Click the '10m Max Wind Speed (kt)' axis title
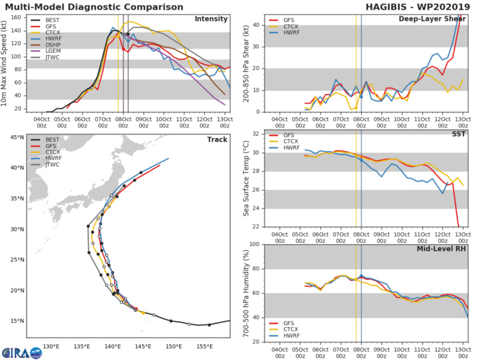point(6,62)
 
